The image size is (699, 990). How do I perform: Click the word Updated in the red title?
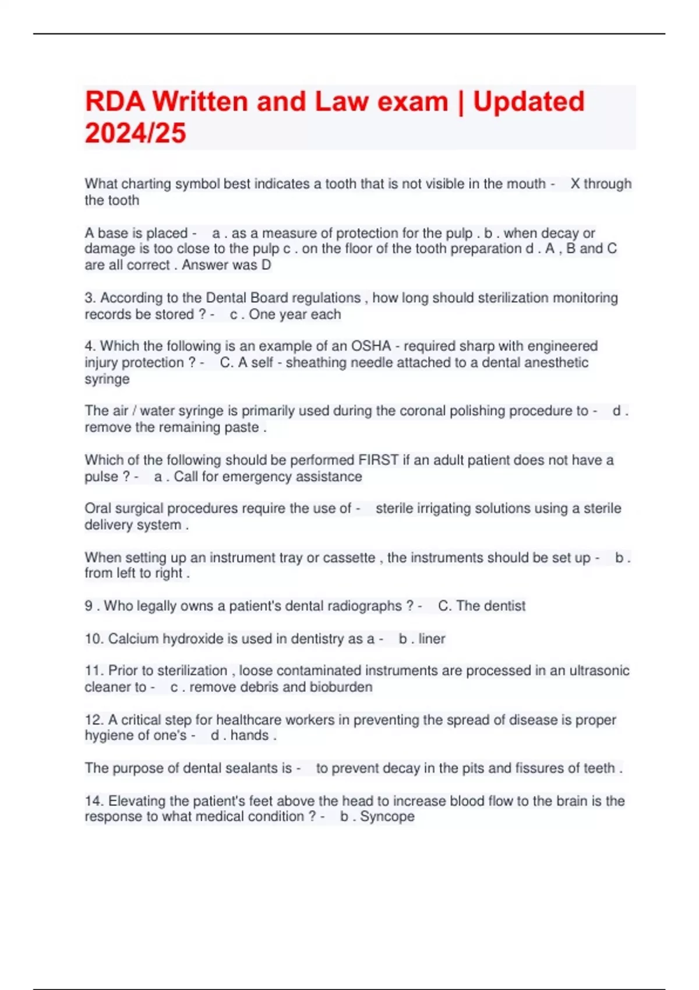pyautogui.click(x=528, y=101)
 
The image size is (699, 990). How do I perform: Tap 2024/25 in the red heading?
pyautogui.click(x=135, y=133)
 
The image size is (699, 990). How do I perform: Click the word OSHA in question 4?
pyautogui.click(x=370, y=346)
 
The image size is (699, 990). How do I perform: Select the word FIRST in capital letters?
pyautogui.click(x=379, y=460)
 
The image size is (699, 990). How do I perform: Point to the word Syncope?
pyautogui.click(x=387, y=816)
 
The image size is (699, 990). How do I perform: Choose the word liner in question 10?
pyautogui.click(x=432, y=639)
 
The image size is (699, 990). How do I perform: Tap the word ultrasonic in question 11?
pyautogui.click(x=599, y=671)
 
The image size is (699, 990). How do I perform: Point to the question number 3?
pyautogui.click(x=90, y=298)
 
